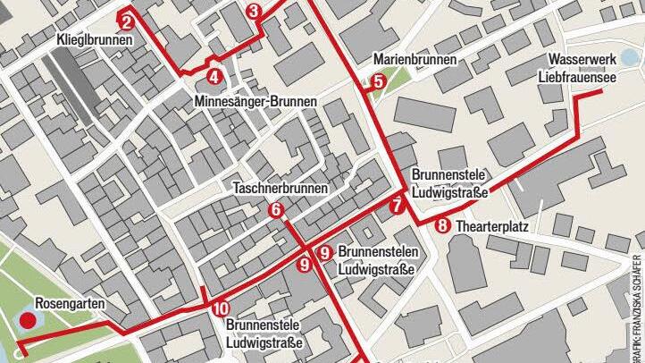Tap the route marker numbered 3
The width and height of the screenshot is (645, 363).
click(254, 12)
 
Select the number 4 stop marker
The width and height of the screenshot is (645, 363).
click(214, 77)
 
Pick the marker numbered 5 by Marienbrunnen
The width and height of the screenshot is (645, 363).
click(378, 81)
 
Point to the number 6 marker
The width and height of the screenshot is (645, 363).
click(275, 210)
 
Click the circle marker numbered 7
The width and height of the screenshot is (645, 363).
click(397, 207)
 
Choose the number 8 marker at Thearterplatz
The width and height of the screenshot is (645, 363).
click(442, 226)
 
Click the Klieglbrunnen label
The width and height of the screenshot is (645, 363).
click(95, 41)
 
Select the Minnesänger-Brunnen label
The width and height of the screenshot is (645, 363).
click(255, 103)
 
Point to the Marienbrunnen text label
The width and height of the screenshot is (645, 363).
click(415, 60)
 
